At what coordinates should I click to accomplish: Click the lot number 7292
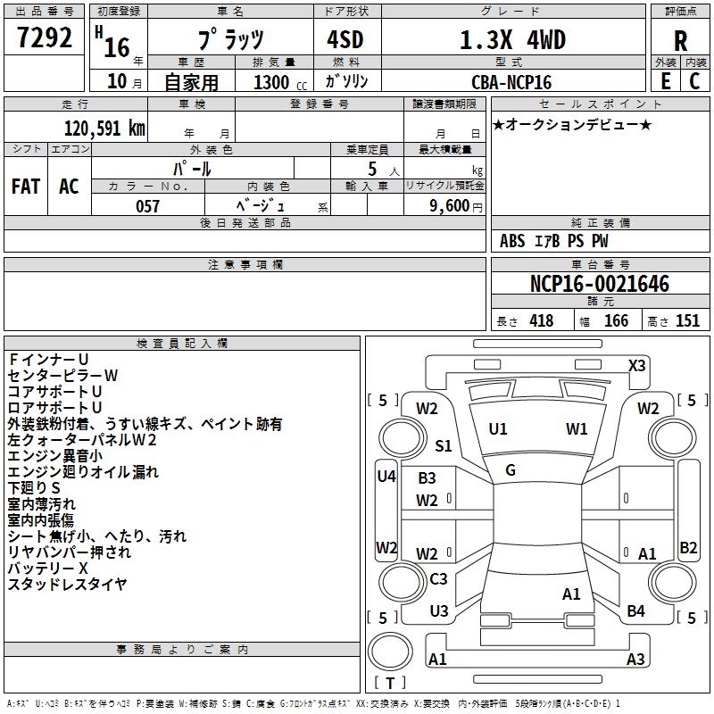pos(44,37)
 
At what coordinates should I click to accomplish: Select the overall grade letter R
pos(680,40)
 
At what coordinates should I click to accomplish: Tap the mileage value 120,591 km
pos(104,128)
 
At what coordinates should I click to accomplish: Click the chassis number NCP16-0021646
pos(600,284)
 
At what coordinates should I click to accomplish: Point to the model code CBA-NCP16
pos(511,82)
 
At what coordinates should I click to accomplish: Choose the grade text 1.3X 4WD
pos(512,40)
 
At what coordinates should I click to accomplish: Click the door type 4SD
pos(345,40)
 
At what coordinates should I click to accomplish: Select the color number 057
pos(147,206)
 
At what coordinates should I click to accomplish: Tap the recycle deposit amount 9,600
pos(450,206)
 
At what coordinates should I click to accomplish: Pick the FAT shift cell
pos(26,187)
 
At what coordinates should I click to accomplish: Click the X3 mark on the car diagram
pos(636,366)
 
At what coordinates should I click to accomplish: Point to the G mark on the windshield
pos(511,470)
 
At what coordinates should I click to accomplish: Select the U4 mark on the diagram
pos(386,477)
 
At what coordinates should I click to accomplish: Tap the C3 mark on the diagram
pos(438,578)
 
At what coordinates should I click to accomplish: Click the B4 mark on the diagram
pos(635,611)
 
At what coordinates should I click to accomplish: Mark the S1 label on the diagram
pos(443,445)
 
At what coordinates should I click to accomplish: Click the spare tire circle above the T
pos(390,651)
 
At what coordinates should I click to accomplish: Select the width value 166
pos(616,320)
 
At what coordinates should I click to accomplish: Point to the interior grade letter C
pos(694,81)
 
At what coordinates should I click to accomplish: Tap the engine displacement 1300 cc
pos(280,82)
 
